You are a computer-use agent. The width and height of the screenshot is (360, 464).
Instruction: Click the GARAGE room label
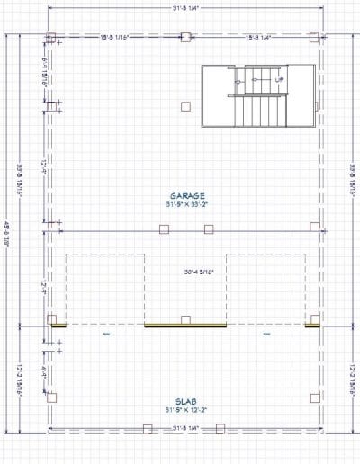pyautogui.click(x=187, y=195)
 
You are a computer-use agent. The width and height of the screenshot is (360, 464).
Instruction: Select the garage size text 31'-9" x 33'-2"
pyautogui.click(x=187, y=205)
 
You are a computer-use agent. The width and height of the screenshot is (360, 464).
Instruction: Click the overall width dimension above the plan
pyautogui.click(x=185, y=8)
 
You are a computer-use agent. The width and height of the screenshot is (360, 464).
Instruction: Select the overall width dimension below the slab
pyautogui.click(x=185, y=429)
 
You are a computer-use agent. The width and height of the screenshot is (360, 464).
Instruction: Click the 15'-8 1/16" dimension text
pyautogui.click(x=118, y=37)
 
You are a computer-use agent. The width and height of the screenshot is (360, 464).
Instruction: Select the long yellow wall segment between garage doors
pyautogui.click(x=185, y=326)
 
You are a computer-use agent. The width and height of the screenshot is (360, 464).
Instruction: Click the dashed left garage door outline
pyautogui.click(x=104, y=288)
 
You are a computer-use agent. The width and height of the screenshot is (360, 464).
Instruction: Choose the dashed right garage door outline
pyautogui.click(x=265, y=288)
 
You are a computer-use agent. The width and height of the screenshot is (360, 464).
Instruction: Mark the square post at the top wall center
pyautogui.click(x=185, y=38)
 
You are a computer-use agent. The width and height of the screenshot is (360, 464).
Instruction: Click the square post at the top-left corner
pyautogui.click(x=51, y=38)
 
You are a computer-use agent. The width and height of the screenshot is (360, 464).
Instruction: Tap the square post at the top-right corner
pyautogui.click(x=314, y=38)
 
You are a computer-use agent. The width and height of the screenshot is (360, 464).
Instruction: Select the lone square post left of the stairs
pyautogui.click(x=185, y=106)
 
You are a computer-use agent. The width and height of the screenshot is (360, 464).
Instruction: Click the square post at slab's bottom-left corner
pyautogui.click(x=51, y=397)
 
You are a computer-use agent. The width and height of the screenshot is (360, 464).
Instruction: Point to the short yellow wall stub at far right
pyautogui.click(x=311, y=326)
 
